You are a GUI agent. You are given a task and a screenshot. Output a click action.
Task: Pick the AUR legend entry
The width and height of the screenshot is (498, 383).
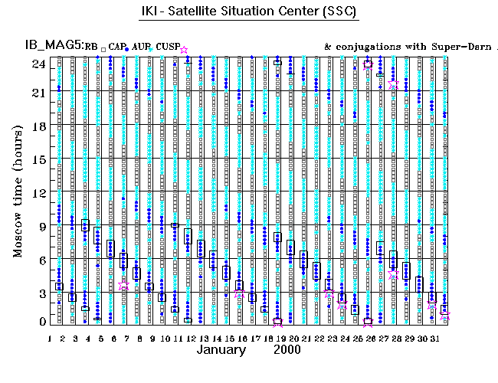143,47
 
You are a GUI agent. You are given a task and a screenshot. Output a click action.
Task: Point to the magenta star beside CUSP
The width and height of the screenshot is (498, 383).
183,50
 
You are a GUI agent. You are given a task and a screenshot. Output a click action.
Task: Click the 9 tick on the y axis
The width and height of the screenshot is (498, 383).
38,225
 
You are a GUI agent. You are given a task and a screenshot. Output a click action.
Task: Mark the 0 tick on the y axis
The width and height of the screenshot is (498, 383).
38,322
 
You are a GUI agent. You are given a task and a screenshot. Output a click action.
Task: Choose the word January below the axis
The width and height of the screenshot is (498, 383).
221,350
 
